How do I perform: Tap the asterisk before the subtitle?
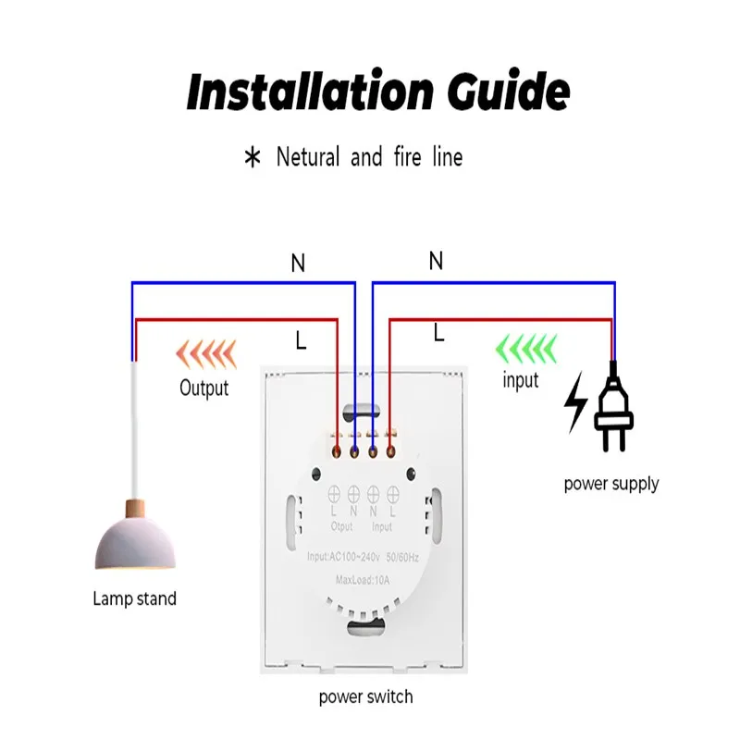click(x=253, y=157)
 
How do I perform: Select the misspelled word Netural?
click(x=308, y=156)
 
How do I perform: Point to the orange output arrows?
click(x=205, y=354)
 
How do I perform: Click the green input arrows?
click(x=526, y=349)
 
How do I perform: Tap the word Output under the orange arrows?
click(x=203, y=388)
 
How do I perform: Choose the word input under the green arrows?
click(x=521, y=380)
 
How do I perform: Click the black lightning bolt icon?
click(x=576, y=402)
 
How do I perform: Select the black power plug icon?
click(x=613, y=407)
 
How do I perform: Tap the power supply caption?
click(x=611, y=484)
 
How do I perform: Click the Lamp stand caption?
click(x=134, y=598)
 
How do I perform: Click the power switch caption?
click(x=365, y=697)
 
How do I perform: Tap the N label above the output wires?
click(x=298, y=263)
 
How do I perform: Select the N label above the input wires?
click(x=436, y=261)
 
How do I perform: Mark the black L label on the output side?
click(x=301, y=339)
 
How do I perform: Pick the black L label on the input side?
click(x=438, y=333)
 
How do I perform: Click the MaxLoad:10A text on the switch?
click(x=363, y=580)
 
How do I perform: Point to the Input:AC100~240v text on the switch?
click(x=343, y=558)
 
